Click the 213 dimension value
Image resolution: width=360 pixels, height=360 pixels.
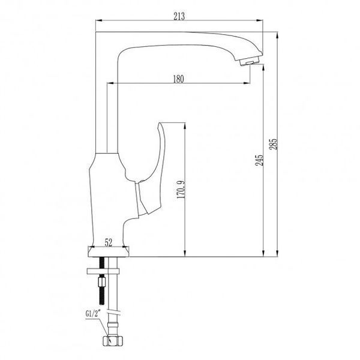click(x=179, y=16)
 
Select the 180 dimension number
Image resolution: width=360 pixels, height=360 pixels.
click(x=178, y=79)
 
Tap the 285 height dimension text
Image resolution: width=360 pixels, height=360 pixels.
click(x=274, y=144)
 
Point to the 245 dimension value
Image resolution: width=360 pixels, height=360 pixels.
click(x=259, y=160)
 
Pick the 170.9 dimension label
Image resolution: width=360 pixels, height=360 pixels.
click(x=181, y=190)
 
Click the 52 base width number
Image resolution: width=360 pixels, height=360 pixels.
click(x=109, y=242)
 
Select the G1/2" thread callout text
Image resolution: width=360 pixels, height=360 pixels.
click(x=92, y=314)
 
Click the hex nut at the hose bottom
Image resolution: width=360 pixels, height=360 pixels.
click(x=112, y=341)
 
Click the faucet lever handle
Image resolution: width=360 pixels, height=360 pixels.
click(x=152, y=170)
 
